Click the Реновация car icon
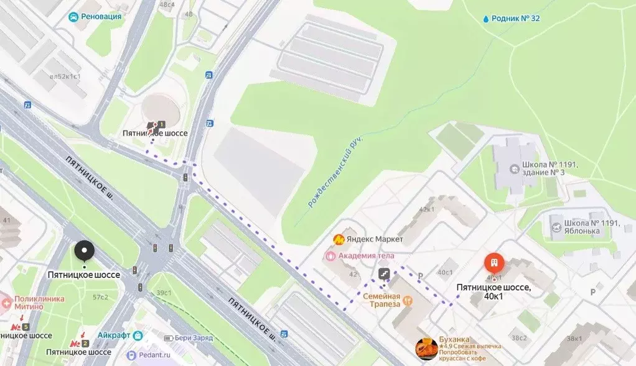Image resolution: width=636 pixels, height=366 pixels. [73, 17]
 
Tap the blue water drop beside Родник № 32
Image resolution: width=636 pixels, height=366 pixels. [485, 19]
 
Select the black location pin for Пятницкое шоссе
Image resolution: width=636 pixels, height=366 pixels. [84, 252]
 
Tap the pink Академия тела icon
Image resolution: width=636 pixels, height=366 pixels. [331, 255]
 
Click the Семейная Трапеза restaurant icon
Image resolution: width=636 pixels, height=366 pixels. [408, 301]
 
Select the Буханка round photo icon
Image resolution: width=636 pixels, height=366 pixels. [426, 349]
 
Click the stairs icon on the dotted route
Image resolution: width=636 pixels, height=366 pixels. [384, 273]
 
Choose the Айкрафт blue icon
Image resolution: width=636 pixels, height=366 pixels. [138, 335]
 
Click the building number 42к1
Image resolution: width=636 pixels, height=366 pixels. [426, 209]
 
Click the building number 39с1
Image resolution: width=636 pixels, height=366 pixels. [164, 293]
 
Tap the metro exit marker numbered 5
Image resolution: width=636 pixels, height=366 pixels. [26, 327]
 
